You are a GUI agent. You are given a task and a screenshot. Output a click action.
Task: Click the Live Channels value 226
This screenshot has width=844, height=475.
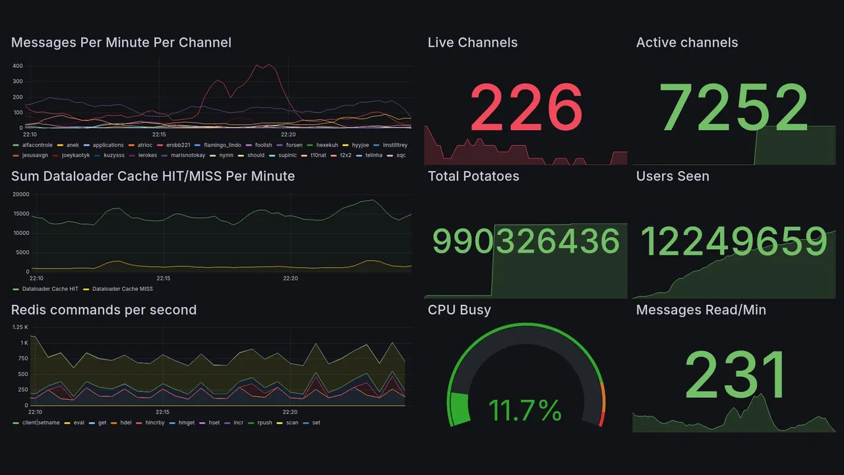(526, 108)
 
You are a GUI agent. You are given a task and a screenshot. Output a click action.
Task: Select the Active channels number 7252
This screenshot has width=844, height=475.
(735, 108)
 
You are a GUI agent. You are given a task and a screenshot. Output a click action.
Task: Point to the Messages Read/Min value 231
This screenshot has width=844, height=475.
(736, 375)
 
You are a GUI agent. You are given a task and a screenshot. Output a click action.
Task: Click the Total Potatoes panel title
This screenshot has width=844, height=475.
(473, 176)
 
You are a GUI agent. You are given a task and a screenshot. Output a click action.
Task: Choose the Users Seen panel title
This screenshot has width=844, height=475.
(673, 176)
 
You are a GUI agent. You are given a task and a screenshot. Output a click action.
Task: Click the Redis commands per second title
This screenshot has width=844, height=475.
(104, 310)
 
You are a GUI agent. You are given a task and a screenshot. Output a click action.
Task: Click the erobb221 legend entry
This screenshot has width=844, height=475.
(176, 145)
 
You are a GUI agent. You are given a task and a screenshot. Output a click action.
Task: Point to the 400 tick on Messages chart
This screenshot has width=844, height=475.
(17, 66)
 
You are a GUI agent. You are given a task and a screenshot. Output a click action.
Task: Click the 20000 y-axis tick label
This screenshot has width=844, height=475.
(20, 195)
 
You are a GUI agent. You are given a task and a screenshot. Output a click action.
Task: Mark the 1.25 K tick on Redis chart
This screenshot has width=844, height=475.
(20, 327)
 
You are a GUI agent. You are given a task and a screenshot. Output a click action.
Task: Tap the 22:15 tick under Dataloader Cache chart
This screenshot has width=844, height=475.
(164, 278)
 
